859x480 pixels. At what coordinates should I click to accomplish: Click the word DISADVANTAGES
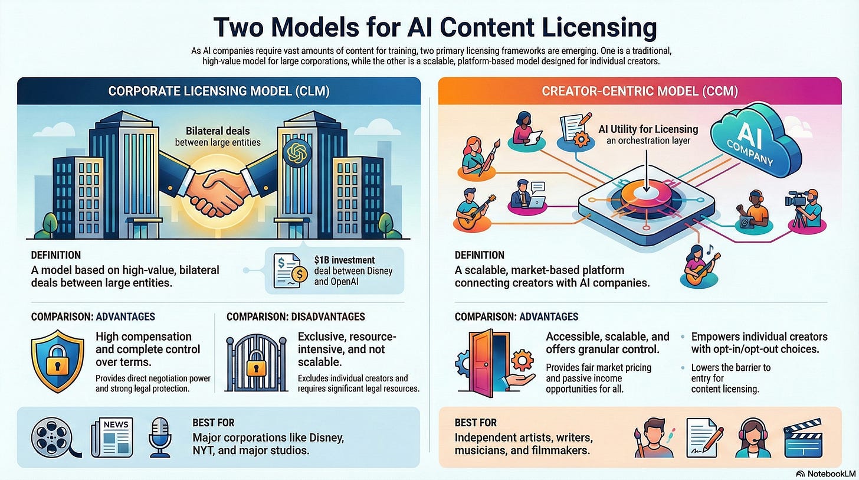click(x=329, y=317)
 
